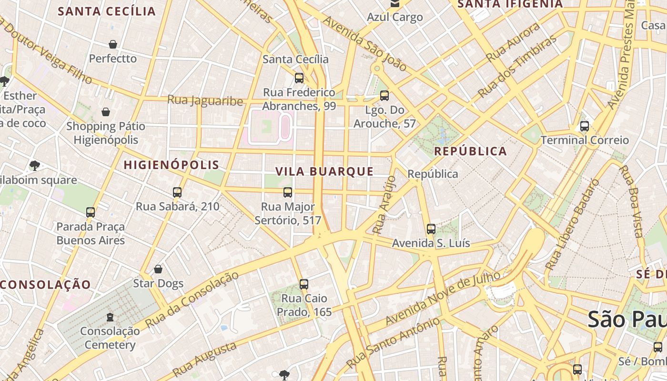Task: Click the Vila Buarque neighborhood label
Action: [324, 171]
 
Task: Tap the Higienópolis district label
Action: [172, 165]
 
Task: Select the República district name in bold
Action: [471, 151]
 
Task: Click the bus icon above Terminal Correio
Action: [584, 126]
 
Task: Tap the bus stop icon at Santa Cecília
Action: [299, 78]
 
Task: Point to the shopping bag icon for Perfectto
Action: [113, 44]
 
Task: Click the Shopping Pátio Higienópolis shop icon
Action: [106, 112]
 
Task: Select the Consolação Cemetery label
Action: [110, 338]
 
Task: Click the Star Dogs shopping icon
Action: [158, 269]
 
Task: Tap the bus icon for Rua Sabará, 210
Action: [177, 192]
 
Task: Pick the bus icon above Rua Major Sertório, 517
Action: [288, 192]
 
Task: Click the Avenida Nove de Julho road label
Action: [443, 298]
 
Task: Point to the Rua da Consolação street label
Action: [192, 300]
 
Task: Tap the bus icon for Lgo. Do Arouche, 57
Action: [384, 96]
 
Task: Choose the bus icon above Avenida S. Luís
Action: [431, 229]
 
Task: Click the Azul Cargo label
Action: [394, 17]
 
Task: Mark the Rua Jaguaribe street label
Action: [205, 101]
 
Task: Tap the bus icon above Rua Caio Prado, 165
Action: [304, 284]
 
